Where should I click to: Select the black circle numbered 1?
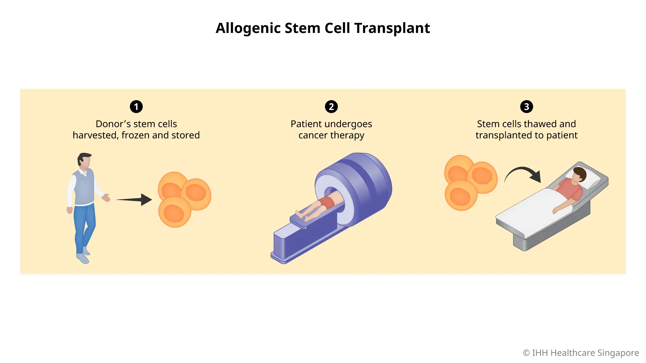pyautogui.click(x=136, y=107)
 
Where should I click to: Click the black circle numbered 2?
pyautogui.click(x=331, y=107)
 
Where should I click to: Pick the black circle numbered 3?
pyautogui.click(x=527, y=107)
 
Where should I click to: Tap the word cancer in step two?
pyautogui.click(x=313, y=135)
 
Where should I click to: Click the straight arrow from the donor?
pyautogui.click(x=135, y=200)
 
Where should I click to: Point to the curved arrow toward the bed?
pyautogui.click(x=523, y=173)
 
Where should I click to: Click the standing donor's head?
pyautogui.click(x=84, y=160)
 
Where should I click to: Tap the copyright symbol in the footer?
pyautogui.click(x=526, y=353)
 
